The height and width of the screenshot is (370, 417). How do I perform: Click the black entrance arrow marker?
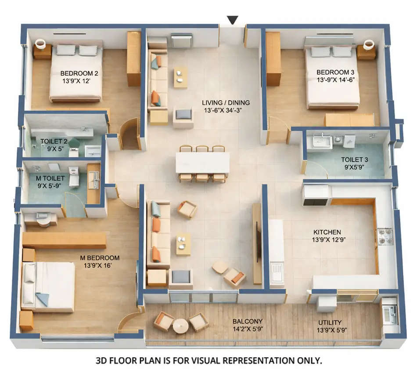[x=233, y=20]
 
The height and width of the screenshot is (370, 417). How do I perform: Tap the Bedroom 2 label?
[x=79, y=73]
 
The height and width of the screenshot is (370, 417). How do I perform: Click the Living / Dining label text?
[x=226, y=103]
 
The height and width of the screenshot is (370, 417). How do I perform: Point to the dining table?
[x=202, y=163]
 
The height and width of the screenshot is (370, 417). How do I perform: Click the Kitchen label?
[x=327, y=232]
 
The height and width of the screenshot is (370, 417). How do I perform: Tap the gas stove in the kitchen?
[x=385, y=236]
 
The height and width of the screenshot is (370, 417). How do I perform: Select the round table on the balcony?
[x=180, y=326]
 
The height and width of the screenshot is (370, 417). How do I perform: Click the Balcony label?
[x=248, y=321]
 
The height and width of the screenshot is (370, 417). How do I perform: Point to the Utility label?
[x=330, y=323]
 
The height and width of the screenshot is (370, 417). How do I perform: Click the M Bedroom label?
[x=101, y=258]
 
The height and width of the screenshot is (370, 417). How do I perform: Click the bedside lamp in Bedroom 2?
[x=40, y=44]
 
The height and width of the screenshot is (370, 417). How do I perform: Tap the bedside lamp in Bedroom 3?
[x=369, y=45]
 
